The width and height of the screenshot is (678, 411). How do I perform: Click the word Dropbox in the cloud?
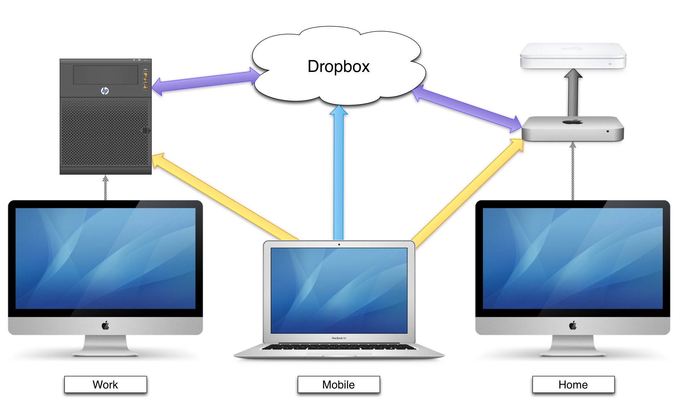(x=338, y=66)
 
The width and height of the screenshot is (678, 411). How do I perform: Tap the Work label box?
(x=105, y=384)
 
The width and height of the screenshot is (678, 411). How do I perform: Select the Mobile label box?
(x=339, y=384)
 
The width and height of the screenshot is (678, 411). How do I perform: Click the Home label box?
(x=573, y=384)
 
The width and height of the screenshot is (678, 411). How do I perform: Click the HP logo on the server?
(x=105, y=90)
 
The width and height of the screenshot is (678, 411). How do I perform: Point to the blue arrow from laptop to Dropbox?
(x=339, y=172)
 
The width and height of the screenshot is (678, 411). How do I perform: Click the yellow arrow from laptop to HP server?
(x=225, y=197)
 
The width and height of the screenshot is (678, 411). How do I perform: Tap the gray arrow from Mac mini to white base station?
(x=573, y=94)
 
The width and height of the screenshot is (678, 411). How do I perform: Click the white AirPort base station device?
(x=573, y=56)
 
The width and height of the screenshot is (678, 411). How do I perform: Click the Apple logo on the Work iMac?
(x=105, y=325)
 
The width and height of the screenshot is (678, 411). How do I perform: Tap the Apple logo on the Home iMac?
(x=573, y=325)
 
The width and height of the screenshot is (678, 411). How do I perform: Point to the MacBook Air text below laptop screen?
(x=339, y=338)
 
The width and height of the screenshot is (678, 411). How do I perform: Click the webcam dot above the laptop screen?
(x=339, y=245)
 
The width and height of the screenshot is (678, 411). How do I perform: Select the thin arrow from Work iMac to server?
(x=105, y=188)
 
